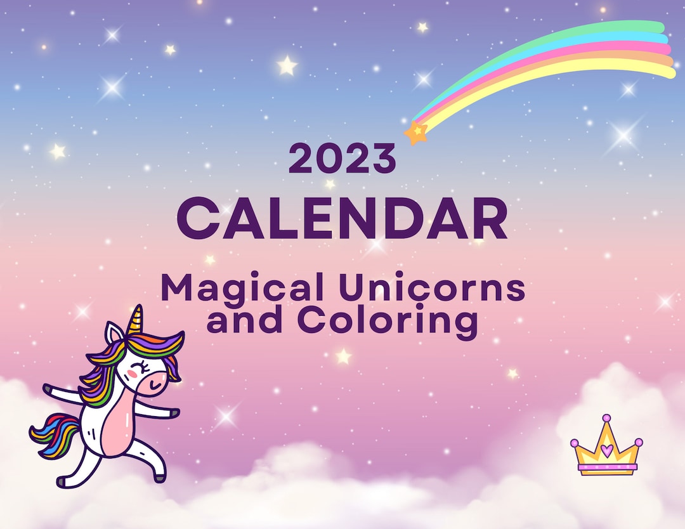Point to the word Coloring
click(x=388, y=321)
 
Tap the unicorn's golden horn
click(x=134, y=320)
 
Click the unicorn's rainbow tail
click(x=53, y=434)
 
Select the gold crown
click(x=606, y=447)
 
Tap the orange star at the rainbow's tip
click(x=416, y=132)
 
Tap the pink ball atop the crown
click(x=607, y=419)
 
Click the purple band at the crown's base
click(x=606, y=469)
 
